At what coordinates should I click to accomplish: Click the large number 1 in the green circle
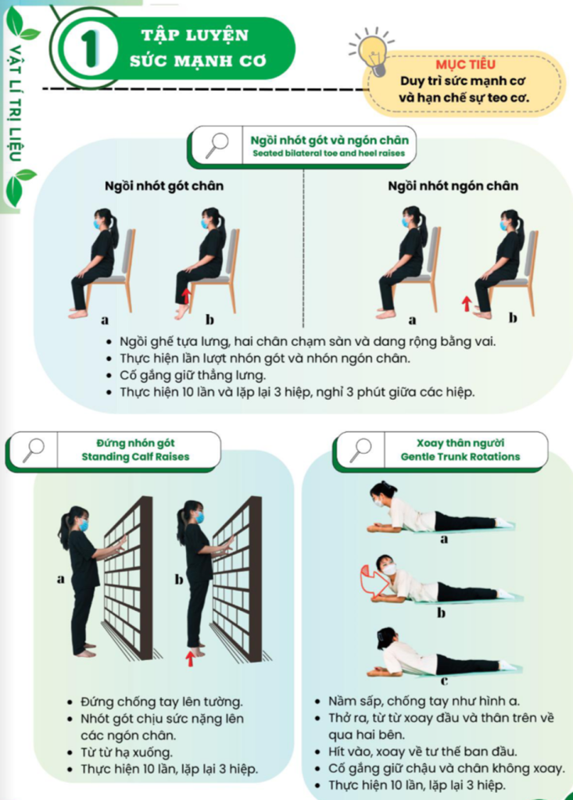click(x=89, y=49)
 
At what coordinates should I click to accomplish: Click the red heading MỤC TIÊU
click(x=465, y=64)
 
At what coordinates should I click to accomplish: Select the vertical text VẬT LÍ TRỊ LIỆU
click(x=15, y=102)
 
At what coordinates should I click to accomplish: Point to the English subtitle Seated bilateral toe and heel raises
click(x=328, y=153)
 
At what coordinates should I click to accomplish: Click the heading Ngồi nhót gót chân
click(x=164, y=186)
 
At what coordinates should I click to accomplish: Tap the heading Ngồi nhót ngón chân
click(x=453, y=186)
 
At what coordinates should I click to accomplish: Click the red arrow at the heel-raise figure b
click(x=186, y=296)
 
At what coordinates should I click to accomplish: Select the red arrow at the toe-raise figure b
click(x=466, y=304)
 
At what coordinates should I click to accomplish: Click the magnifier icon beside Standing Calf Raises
click(x=33, y=450)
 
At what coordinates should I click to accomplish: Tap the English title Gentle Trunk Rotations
click(x=460, y=456)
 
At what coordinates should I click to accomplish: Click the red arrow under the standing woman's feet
click(x=190, y=658)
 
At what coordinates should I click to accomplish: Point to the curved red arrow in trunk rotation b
click(x=371, y=580)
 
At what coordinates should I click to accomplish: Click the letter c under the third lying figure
click(x=444, y=680)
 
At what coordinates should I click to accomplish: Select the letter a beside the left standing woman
click(x=61, y=579)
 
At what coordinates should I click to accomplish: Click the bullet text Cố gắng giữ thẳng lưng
click(x=192, y=376)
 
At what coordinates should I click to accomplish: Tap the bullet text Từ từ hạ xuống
click(x=126, y=752)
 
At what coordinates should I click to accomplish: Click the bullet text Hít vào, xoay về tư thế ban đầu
click(x=422, y=752)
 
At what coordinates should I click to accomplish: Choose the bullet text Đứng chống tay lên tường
click(x=161, y=702)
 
